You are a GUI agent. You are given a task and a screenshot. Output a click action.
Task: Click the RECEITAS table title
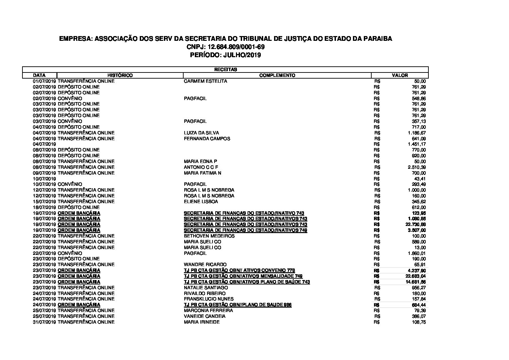click(x=225, y=69)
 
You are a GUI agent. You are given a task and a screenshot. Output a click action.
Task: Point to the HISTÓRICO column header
click(x=120, y=75)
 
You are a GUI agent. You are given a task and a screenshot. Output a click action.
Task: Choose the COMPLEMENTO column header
click(x=277, y=75)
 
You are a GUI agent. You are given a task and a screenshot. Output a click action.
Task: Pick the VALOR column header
click(x=400, y=75)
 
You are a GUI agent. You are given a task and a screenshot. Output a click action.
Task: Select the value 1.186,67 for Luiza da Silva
click(x=417, y=133)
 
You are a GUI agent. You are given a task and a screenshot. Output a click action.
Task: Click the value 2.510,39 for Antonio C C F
click(x=417, y=167)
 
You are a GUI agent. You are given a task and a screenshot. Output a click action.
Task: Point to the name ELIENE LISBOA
click(x=201, y=201)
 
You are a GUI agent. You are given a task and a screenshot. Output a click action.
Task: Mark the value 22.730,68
click(x=416, y=224)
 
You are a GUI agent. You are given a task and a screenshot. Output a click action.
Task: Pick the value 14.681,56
click(x=416, y=282)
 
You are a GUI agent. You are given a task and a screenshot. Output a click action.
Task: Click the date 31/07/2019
click(x=44, y=322)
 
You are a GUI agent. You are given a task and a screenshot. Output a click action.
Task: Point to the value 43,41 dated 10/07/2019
click(x=420, y=179)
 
